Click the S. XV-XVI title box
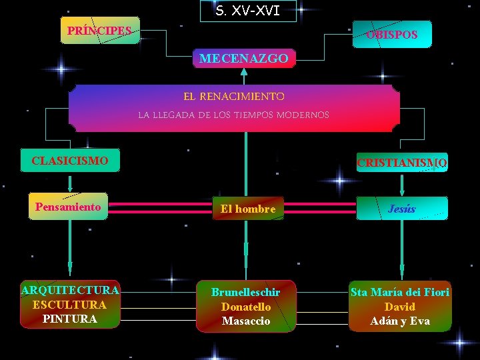click(x=247, y=11)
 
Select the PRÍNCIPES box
click(x=100, y=31)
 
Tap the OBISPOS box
click(x=392, y=35)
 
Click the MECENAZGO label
click(x=243, y=59)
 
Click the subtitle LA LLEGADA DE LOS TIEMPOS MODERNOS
click(x=233, y=115)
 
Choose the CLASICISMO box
click(x=70, y=161)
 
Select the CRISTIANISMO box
click(x=402, y=163)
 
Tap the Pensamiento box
click(x=68, y=207)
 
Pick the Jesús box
click(x=401, y=209)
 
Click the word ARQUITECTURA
click(x=70, y=290)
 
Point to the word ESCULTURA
click(x=69, y=305)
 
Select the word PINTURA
click(x=69, y=319)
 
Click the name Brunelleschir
click(x=245, y=293)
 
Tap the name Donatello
click(x=246, y=307)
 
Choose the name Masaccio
click(x=246, y=321)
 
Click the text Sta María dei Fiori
click(x=400, y=292)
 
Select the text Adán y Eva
click(x=400, y=321)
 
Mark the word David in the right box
click(x=400, y=307)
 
